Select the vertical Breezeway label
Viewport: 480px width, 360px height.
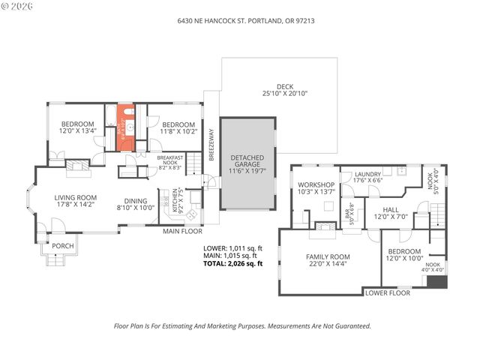tap(211, 142)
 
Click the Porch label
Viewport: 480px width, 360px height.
tap(61, 246)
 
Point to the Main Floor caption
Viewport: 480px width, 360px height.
tap(183, 231)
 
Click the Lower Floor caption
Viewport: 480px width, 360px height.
tap(387, 292)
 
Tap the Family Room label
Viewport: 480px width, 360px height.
tap(328, 256)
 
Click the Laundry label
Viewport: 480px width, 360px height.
tap(367, 175)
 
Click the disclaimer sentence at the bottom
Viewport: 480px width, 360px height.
tap(241, 326)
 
